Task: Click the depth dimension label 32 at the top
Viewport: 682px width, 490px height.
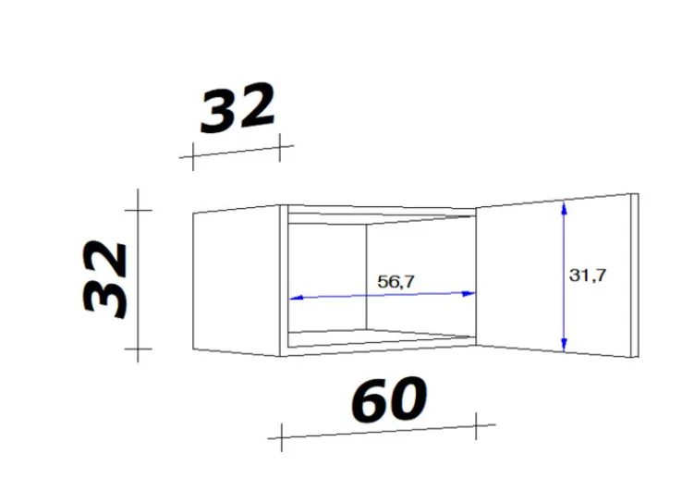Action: (x=238, y=108)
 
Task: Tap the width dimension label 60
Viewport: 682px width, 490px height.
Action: (x=388, y=401)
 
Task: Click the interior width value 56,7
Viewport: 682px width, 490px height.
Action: (x=396, y=282)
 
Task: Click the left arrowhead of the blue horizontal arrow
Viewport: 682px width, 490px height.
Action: (x=295, y=299)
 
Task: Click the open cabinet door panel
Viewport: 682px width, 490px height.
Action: (x=522, y=277)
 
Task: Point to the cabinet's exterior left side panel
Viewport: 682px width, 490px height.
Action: (x=237, y=281)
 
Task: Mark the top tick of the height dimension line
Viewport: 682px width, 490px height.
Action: (x=139, y=210)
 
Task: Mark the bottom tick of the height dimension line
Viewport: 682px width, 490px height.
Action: (x=139, y=351)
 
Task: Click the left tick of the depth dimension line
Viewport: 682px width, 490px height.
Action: (x=192, y=157)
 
